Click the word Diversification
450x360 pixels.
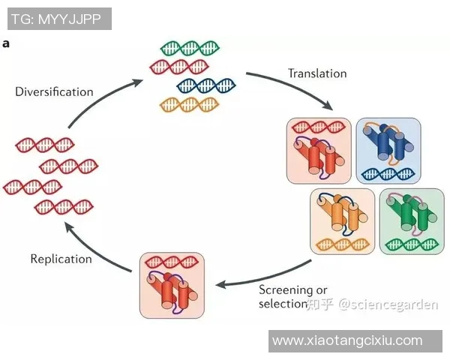pos(54,91)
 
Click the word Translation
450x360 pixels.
pos(317,73)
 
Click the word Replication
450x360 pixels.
pos(61,259)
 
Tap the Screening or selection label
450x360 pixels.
pos(292,297)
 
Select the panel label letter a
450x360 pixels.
pos(6,43)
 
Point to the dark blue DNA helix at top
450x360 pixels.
pos(205,85)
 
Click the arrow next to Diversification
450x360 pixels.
pos(101,94)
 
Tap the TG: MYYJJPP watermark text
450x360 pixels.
pos(56,18)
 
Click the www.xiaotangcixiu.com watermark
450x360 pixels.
pos(347,340)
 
